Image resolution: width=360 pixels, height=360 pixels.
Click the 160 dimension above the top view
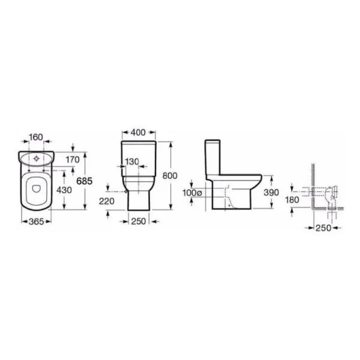(36, 137)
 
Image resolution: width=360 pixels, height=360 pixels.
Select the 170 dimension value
(73, 160)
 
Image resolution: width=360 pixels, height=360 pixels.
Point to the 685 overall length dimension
(84, 181)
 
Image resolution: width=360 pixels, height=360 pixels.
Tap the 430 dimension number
(64, 190)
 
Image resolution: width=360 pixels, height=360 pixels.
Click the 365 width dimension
(36, 221)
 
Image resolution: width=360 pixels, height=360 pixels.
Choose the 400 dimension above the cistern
(138, 133)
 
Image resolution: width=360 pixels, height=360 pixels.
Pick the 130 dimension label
(132, 161)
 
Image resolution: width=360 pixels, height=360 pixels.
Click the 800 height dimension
(170, 176)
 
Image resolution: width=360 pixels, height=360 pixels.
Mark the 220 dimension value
(107, 201)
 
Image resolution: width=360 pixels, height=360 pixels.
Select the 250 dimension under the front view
(139, 221)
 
